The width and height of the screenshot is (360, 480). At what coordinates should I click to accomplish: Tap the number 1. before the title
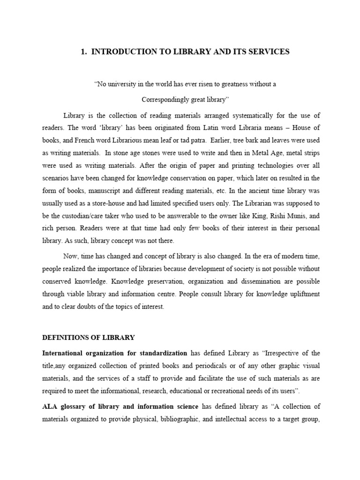point(84,52)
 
